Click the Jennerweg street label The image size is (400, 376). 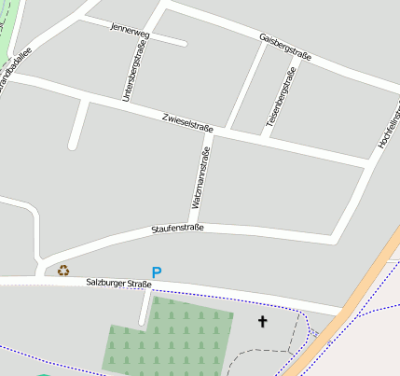point(129,29)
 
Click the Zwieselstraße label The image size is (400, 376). point(186,121)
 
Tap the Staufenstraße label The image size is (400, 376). point(177,228)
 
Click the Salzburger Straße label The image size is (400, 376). point(117,283)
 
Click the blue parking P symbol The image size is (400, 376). point(157,272)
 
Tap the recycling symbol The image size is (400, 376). point(63,271)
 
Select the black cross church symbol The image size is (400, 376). point(262,322)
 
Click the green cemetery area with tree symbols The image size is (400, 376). point(168,336)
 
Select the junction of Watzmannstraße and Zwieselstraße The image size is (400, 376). point(211,131)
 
